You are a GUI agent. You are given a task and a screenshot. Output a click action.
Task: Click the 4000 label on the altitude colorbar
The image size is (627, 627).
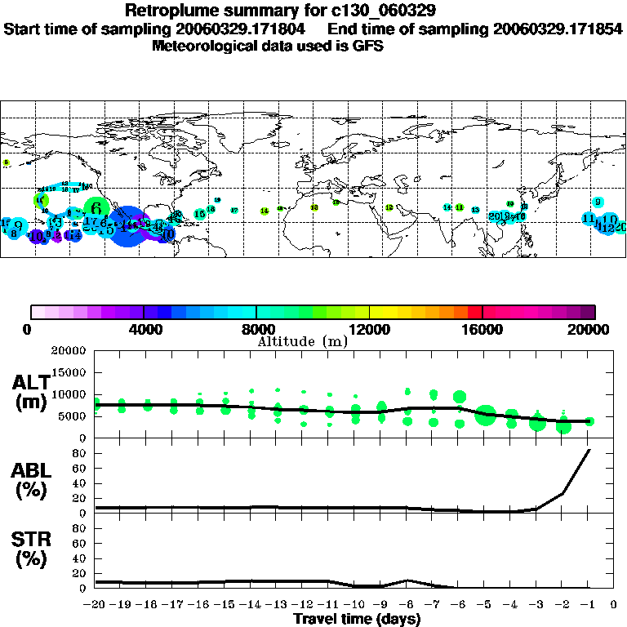[144, 329]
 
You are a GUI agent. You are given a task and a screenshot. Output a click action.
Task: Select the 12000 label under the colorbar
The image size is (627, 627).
[369, 329]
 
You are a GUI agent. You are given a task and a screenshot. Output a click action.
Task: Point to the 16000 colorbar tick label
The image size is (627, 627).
[482, 329]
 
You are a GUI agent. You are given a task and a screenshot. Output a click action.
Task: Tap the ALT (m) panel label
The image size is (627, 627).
[31, 391]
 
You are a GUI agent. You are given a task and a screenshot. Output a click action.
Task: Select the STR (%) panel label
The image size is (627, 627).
[31, 549]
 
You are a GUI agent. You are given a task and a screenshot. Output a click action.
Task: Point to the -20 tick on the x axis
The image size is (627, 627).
[95, 605]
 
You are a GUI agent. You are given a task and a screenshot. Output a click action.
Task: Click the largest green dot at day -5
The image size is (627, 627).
[487, 415]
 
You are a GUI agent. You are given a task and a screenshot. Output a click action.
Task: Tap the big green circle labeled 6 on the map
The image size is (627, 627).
[96, 208]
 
